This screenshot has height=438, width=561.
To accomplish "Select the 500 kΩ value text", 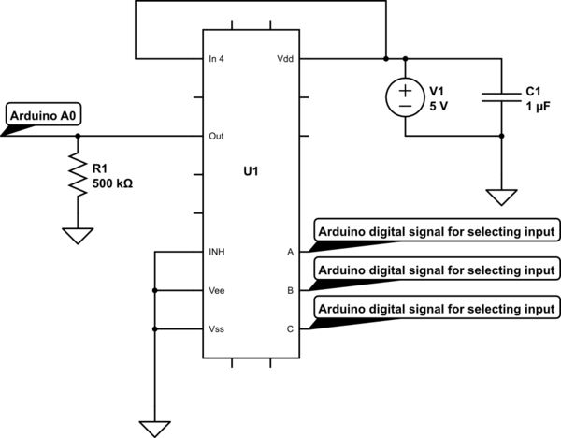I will [112, 184].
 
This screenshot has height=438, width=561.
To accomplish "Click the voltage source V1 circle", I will [405, 96].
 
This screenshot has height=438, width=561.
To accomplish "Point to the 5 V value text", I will [439, 105].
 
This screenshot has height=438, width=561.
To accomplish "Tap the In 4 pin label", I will [217, 58].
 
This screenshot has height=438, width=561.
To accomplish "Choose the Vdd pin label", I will [283, 58].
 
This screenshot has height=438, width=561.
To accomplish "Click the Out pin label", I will [215, 136].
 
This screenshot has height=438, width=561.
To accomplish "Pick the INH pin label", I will [215, 252].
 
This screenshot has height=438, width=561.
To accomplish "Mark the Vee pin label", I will [215, 291].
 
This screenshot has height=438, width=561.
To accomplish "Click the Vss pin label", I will [215, 329].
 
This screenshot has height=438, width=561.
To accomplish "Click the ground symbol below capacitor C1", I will [501, 197].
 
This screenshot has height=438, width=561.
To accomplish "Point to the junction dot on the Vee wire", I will [155, 291].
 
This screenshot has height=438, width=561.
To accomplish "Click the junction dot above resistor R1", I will [78, 136].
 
